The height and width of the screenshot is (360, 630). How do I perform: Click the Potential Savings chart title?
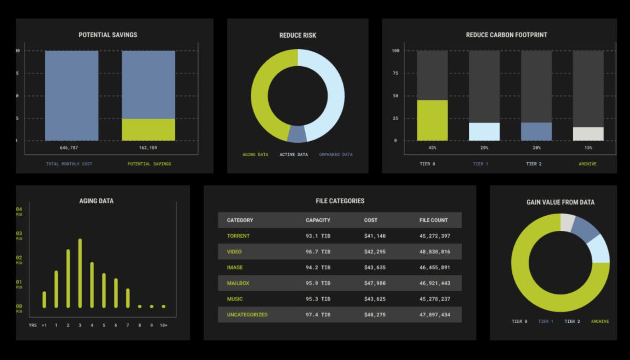(108, 35)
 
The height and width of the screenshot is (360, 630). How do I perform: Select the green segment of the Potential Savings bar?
(149, 130)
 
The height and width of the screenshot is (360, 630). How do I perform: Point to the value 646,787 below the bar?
(71, 148)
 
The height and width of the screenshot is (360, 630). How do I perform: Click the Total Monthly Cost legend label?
(69, 164)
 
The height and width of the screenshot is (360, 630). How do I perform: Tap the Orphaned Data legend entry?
(336, 155)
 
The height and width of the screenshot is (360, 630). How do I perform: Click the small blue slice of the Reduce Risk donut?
(297, 134)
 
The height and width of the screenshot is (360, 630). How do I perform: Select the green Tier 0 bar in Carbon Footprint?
(432, 120)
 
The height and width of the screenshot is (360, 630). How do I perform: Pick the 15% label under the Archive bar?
(587, 148)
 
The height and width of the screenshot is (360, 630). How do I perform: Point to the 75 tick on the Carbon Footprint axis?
(396, 73)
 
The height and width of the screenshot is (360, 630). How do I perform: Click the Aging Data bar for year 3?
(80, 273)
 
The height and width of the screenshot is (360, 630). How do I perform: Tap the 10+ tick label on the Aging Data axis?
(164, 325)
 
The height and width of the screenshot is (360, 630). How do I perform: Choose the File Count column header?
(434, 220)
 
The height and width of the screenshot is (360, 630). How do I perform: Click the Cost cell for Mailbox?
(375, 283)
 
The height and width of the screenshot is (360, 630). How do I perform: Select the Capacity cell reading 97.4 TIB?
(318, 315)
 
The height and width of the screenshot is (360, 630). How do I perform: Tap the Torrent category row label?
(238, 236)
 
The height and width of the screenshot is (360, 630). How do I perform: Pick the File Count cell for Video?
(435, 252)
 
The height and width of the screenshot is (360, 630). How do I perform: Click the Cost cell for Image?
(375, 268)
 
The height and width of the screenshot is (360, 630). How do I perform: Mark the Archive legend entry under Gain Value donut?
(600, 321)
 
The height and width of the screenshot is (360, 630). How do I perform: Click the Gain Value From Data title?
(560, 202)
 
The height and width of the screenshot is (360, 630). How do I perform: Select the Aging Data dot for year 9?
(152, 306)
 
